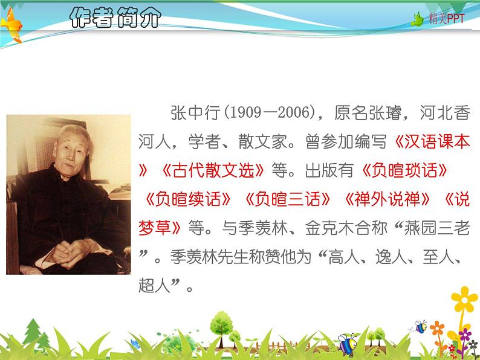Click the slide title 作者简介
tap(115, 18)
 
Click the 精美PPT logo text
tap(446, 19)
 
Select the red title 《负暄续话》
tap(187, 199)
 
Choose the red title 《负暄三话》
tap(287, 199)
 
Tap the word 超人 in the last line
tap(154, 285)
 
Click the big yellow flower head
tap(464, 300)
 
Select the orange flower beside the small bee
tap(437, 328)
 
